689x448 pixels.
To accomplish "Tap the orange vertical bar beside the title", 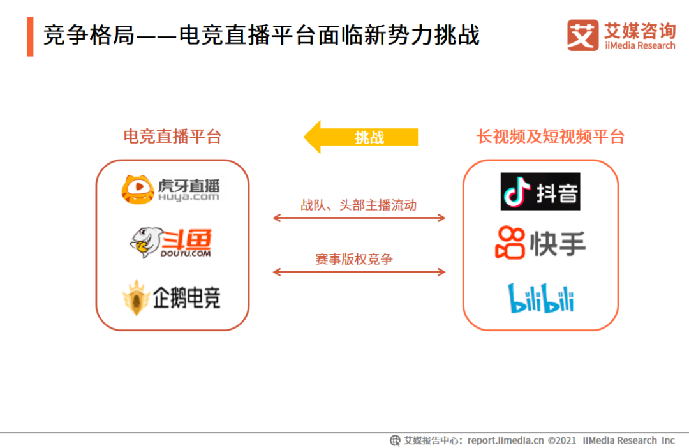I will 30,37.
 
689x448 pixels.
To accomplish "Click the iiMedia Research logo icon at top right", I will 582,35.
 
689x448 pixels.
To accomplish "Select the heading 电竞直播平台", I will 172,137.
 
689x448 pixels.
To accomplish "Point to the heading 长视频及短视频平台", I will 550,137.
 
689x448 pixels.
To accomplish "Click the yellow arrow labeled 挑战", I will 360,137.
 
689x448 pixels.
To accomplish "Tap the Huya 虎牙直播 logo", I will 170,189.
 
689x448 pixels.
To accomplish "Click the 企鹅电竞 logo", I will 171,297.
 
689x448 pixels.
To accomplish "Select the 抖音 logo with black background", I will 540,191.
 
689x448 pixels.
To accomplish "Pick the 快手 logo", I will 540,243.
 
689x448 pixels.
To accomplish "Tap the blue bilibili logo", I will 541,298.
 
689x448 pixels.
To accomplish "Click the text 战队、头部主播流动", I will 359,205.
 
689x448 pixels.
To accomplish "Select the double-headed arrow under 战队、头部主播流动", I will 359,218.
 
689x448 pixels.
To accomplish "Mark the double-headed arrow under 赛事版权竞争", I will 359,273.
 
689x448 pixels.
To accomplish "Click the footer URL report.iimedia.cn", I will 505,440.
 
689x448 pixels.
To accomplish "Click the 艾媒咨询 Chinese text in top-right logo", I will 639,29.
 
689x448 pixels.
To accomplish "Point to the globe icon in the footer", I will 396,440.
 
